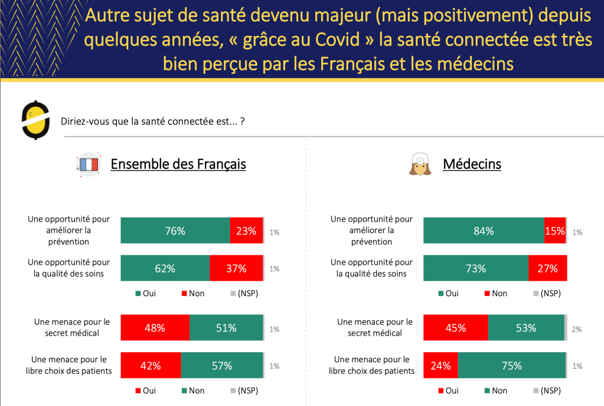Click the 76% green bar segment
tap(175, 231)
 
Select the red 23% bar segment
tap(246, 231)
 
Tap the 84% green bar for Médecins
tap(484, 231)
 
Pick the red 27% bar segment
tap(547, 268)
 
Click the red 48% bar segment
tap(155, 328)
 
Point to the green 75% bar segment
tap(512, 365)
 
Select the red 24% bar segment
tap(440, 365)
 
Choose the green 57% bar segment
tap(221, 365)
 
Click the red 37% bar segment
tap(236, 268)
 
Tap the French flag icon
tap(89, 164)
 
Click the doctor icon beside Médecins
tap(420, 164)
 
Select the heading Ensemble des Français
tap(178, 164)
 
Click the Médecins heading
tap(472, 164)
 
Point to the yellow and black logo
tap(35, 120)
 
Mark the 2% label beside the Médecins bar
tap(577, 329)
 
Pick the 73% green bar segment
tap(476, 268)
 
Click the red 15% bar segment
tap(554, 231)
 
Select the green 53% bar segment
tap(526, 328)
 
